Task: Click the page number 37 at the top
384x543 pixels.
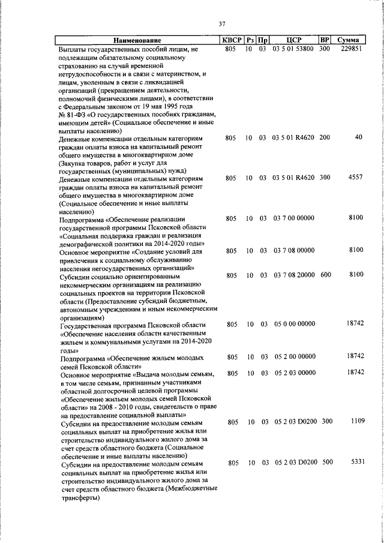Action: coord(221,24)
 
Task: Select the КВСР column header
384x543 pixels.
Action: coord(232,40)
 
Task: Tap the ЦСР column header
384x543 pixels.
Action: coord(293,40)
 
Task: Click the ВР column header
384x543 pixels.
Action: coord(324,40)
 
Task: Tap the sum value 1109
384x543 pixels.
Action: coord(358,422)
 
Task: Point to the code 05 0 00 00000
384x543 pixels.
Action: coord(293,324)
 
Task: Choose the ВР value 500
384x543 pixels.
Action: coord(326,463)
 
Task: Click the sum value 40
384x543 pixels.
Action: coord(359,137)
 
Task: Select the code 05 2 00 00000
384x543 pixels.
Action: coord(293,356)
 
